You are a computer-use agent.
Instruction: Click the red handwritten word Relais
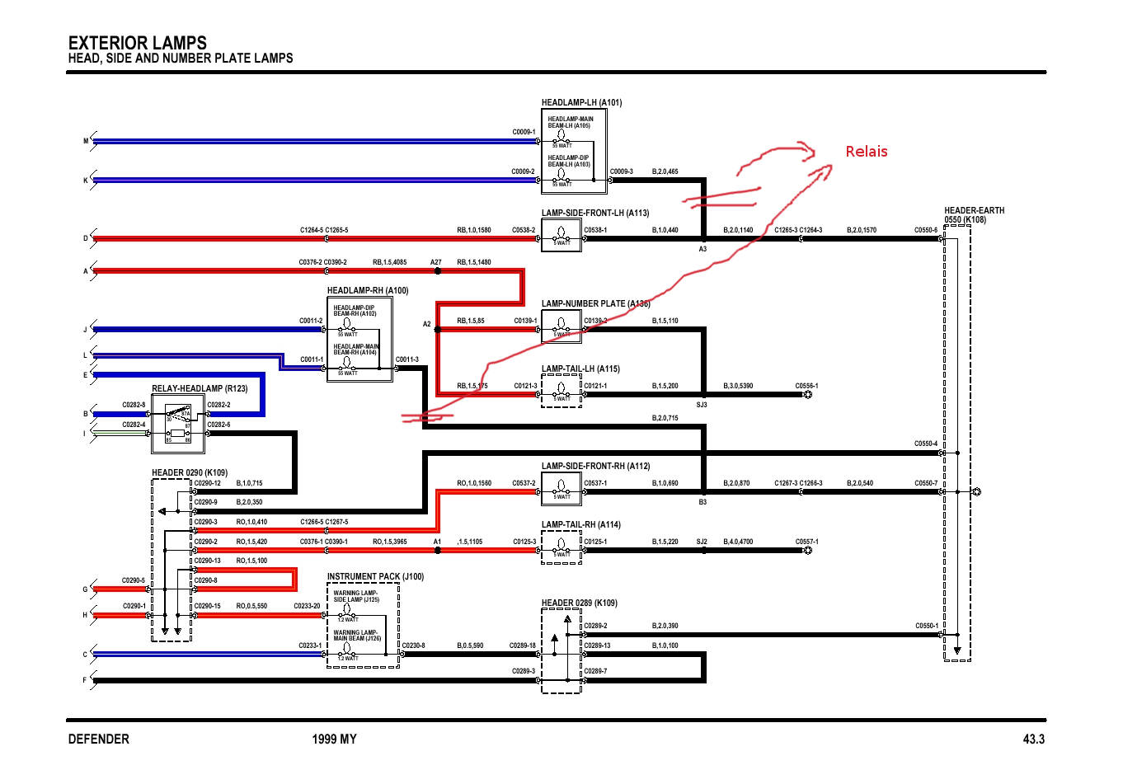[x=867, y=152]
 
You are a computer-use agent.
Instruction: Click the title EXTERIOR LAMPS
[x=138, y=43]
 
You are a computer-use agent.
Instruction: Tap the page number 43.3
[x=1034, y=739]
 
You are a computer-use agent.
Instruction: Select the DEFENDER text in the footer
[x=99, y=739]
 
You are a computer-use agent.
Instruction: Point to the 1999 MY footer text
[x=335, y=739]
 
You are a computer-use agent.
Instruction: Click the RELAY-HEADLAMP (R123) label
[x=200, y=388]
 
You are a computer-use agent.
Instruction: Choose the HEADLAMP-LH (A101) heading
[x=581, y=103]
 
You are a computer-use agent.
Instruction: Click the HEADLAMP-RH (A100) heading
[x=367, y=291]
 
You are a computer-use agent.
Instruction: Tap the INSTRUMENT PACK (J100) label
[x=375, y=577]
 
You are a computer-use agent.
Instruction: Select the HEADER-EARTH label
[x=974, y=211]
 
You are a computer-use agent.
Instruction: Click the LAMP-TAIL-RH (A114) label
[x=580, y=524]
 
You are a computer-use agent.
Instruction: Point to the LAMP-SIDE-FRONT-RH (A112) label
[x=595, y=466]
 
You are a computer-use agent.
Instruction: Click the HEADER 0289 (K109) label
[x=579, y=603]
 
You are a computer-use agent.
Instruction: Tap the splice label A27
[x=436, y=262]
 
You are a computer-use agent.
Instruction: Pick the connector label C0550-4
[x=925, y=444]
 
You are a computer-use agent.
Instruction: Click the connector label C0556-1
[x=806, y=386]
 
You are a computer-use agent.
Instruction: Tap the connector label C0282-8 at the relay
[x=134, y=405]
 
